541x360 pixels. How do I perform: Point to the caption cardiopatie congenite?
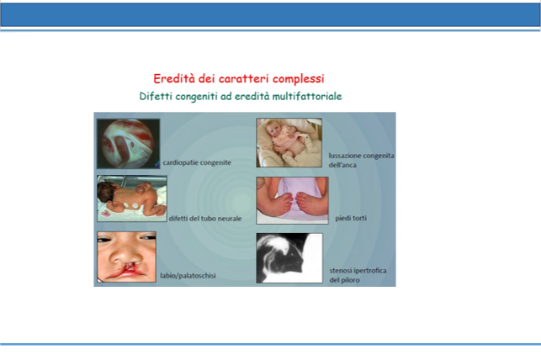pyautogui.click(x=197, y=162)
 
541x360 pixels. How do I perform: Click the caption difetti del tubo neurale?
pyautogui.click(x=205, y=219)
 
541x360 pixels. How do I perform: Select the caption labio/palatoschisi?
pyautogui.click(x=188, y=276)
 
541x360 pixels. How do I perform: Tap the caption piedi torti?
pyautogui.click(x=351, y=218)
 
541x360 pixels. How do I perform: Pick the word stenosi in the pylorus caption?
pyautogui.click(x=341, y=270)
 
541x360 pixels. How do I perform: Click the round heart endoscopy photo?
pyautogui.click(x=128, y=144)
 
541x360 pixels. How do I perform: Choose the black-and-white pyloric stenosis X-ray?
pyautogui.click(x=289, y=258)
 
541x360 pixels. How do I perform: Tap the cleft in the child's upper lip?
pyautogui.click(x=130, y=267)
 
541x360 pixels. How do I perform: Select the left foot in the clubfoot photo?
pyautogui.click(x=283, y=203)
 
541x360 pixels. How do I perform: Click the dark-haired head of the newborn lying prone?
pyautogui.click(x=105, y=192)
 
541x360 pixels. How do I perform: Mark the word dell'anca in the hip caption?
pyautogui.click(x=342, y=165)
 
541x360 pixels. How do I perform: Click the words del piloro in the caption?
pyautogui.click(x=344, y=279)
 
